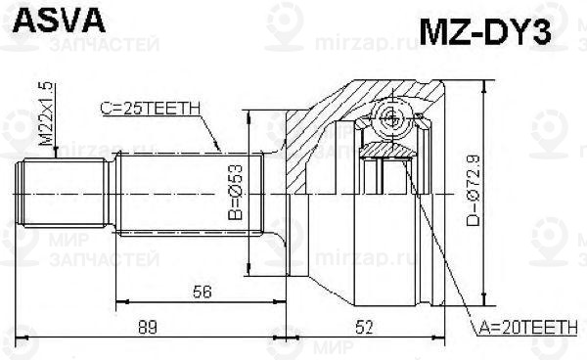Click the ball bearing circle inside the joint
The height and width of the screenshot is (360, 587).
click(x=391, y=120)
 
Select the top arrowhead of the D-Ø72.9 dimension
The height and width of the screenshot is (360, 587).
click(x=484, y=82)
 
